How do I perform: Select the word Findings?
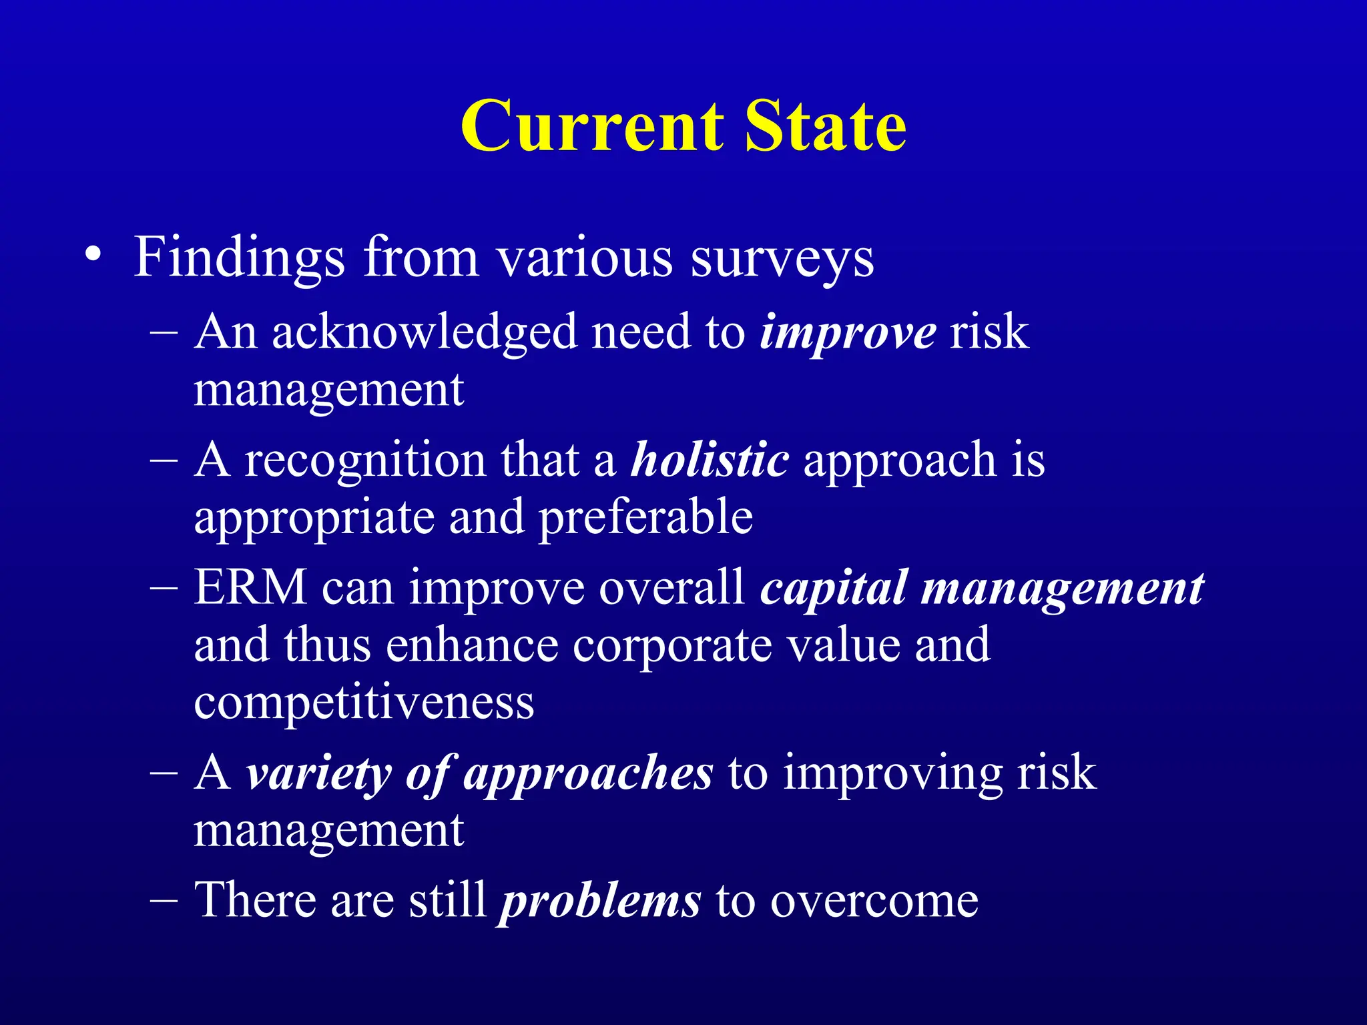point(239,259)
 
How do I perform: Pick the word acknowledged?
point(425,332)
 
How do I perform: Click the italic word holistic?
point(710,460)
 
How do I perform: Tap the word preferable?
point(645,517)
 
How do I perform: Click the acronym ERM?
point(250,588)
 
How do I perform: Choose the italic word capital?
point(834,589)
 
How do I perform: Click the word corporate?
point(671,646)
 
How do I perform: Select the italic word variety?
point(318,774)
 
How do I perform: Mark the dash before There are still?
point(164,900)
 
